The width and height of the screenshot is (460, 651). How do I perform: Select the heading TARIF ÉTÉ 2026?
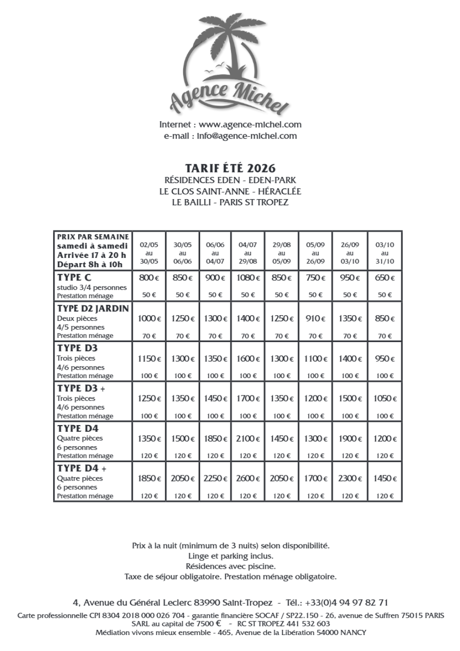coord(230,168)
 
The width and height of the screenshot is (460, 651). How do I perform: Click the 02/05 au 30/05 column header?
coord(149,253)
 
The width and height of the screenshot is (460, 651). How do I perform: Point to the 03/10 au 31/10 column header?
coord(385,253)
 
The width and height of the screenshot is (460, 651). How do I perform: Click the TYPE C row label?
coord(74,278)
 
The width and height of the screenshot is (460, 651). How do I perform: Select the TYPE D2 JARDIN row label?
coord(93,309)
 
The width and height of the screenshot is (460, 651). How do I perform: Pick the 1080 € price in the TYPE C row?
coord(248,278)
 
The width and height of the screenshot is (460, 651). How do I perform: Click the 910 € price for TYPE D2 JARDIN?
coord(315,318)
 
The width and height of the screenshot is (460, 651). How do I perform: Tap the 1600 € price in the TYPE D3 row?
coord(248,359)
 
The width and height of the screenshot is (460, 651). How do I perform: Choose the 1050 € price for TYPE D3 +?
coord(385,398)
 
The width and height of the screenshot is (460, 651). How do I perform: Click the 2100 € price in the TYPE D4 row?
coord(248,439)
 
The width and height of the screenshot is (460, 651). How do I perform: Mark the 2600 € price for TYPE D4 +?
coord(248,479)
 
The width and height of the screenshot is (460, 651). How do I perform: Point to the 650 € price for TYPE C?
coord(385,278)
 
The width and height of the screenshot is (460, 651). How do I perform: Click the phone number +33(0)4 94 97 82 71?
coord(346,603)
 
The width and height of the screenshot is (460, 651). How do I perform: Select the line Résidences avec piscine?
coord(230,566)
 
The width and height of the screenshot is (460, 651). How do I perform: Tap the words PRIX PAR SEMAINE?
coord(92,237)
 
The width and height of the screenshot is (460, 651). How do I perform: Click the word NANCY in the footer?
coord(353,632)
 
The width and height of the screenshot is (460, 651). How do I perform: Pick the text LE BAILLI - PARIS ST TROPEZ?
coord(230,203)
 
